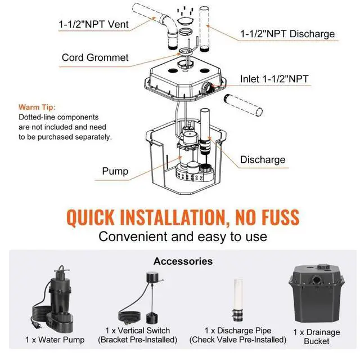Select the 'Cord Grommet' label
[95, 57]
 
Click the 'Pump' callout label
[115, 171]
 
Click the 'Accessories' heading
[183, 261]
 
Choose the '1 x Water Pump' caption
[55, 340]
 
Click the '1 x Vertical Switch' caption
[137, 331]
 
